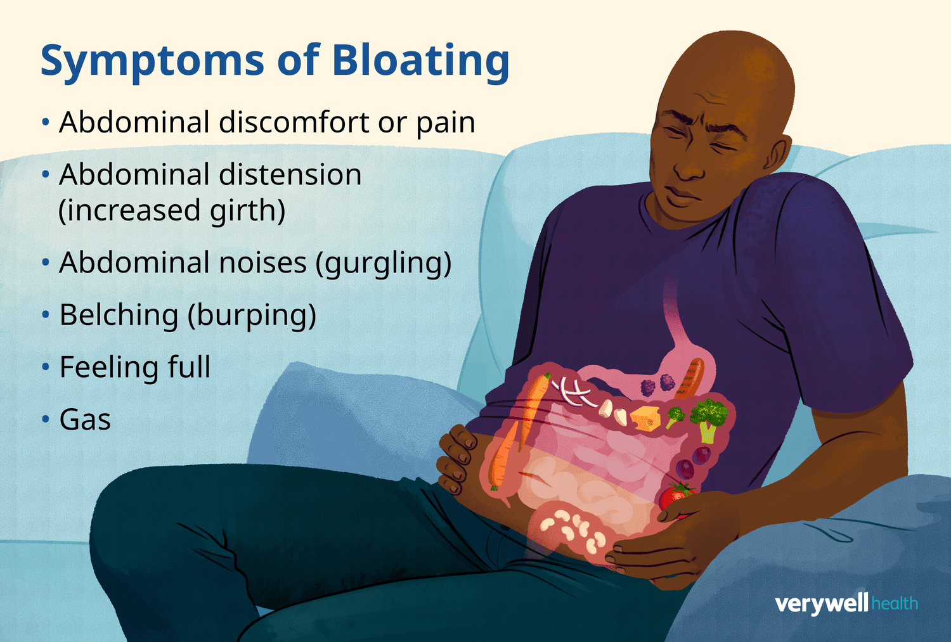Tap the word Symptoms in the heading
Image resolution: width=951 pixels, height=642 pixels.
152,62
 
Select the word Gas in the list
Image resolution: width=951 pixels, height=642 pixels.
85,420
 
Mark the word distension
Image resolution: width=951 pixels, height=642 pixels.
290,174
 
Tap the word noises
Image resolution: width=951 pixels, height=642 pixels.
263,262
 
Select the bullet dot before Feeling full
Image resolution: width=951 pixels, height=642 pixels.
46,368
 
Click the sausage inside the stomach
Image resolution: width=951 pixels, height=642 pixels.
690,378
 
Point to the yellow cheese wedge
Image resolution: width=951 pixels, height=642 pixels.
645,418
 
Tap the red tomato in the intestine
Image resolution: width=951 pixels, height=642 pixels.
676,498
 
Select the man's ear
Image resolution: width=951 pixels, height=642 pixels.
779,153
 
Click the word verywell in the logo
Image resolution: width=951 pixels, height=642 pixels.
822,604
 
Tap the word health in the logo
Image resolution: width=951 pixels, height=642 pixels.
895,603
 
